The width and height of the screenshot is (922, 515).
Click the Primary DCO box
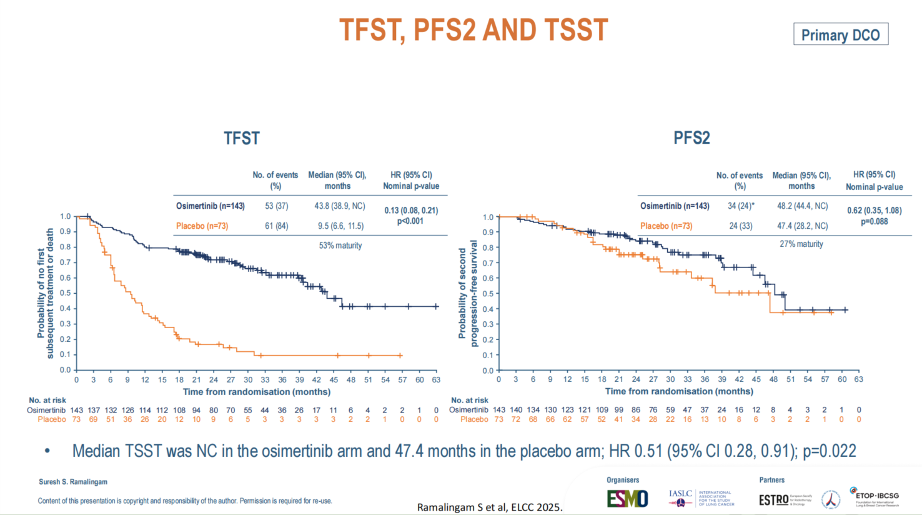(x=840, y=35)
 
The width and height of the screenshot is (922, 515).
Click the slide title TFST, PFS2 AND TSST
(x=473, y=30)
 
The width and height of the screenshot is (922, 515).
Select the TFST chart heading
(x=242, y=138)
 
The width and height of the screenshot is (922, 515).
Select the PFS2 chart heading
(x=691, y=137)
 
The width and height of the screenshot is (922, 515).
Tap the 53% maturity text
(x=340, y=246)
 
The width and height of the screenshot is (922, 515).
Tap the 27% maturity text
(x=801, y=244)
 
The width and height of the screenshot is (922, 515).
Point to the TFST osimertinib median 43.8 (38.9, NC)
(x=340, y=206)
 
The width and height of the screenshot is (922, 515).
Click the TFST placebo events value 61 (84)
(x=276, y=226)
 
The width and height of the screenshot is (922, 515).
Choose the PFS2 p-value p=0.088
(x=875, y=221)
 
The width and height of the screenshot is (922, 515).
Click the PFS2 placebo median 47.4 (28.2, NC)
(x=802, y=226)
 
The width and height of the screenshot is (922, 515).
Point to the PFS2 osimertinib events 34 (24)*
(x=741, y=206)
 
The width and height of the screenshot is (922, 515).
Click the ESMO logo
(x=627, y=498)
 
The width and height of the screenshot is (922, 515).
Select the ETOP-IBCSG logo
(x=876, y=497)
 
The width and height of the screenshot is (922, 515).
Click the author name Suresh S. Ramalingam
(x=73, y=482)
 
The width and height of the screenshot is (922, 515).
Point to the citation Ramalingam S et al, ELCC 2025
(x=490, y=507)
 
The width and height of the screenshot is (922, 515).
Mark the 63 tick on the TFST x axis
(x=436, y=379)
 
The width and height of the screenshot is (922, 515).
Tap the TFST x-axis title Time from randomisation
(x=257, y=392)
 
